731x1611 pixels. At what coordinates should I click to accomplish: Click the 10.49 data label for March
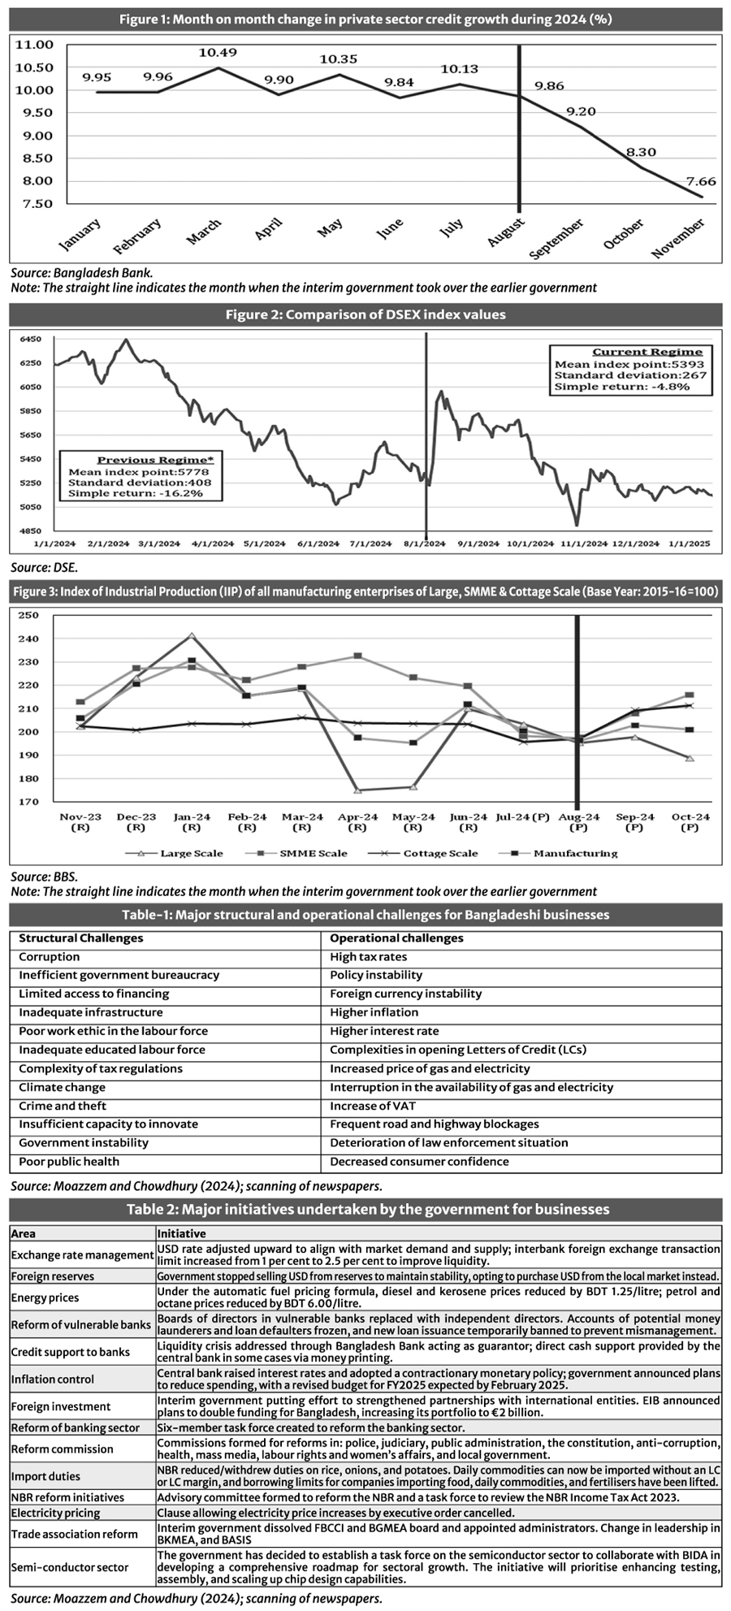(x=218, y=53)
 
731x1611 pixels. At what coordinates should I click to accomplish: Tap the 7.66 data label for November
(x=700, y=181)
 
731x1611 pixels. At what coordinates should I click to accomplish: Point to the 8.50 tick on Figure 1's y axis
(x=34, y=158)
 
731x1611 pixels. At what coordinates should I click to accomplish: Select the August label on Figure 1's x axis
(x=506, y=232)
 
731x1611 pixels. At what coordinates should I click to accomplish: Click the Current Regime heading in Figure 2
(x=647, y=352)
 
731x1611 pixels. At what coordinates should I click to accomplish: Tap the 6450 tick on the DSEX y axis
(x=30, y=339)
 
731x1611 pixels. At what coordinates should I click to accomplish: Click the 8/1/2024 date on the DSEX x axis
(x=422, y=543)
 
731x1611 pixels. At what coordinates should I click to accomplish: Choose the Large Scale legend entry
(x=191, y=853)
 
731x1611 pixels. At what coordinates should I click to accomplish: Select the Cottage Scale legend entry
(x=440, y=853)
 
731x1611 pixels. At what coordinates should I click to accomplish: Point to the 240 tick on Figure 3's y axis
(x=28, y=639)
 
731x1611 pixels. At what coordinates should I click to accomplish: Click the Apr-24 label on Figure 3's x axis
(x=357, y=816)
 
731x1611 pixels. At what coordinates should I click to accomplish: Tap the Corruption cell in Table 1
(x=50, y=957)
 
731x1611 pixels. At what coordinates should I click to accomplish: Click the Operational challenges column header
(x=396, y=938)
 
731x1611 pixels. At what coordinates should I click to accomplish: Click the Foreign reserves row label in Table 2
(x=53, y=1277)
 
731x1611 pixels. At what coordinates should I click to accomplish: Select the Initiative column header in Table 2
(x=181, y=1234)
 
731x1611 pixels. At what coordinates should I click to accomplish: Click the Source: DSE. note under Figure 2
(x=45, y=568)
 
